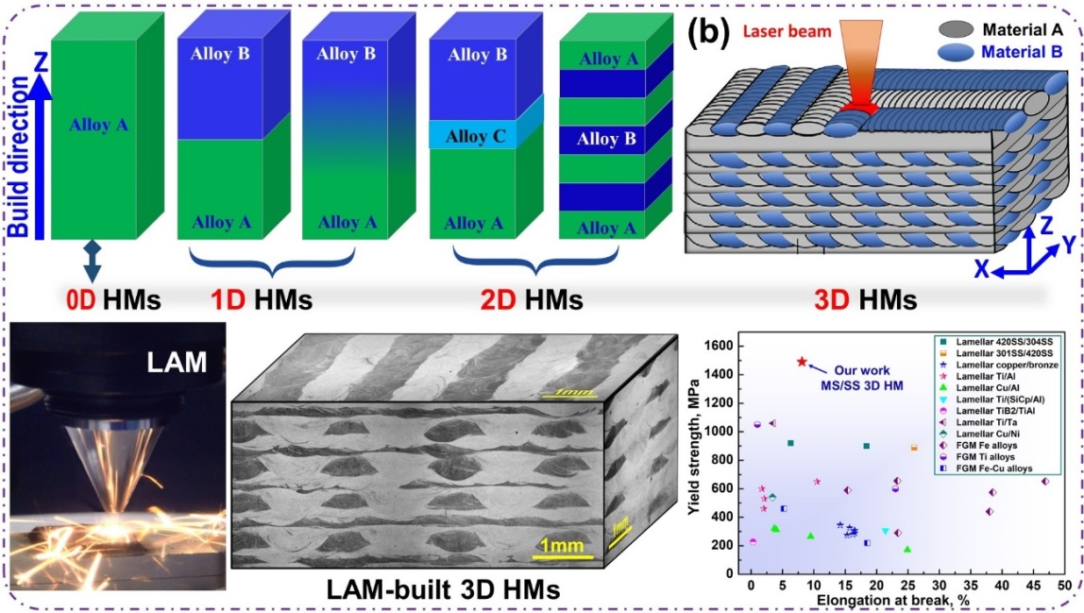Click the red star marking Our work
(802, 362)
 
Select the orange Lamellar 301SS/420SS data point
(913, 447)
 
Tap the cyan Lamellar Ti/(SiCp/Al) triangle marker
(885, 531)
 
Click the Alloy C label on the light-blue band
(476, 135)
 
